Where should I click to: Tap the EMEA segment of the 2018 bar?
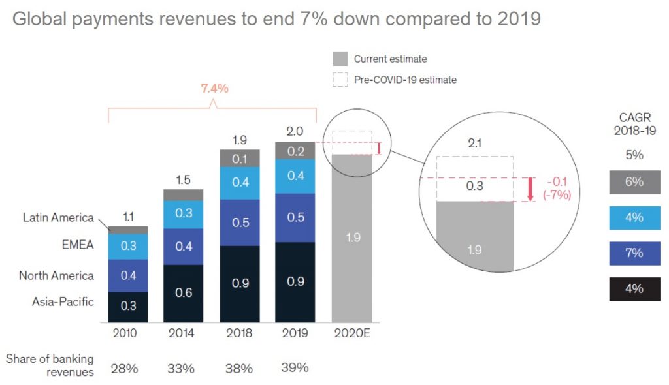[x=240, y=182]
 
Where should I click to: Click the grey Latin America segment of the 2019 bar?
[x=295, y=151]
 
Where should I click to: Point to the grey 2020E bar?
[x=353, y=238]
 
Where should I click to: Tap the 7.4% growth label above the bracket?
[x=213, y=89]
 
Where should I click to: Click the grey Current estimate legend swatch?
[x=340, y=59]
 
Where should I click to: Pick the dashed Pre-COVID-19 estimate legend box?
[x=340, y=80]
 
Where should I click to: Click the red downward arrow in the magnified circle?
[x=530, y=189]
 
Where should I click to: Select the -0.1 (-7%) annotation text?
[x=557, y=189]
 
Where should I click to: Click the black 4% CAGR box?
[x=634, y=288]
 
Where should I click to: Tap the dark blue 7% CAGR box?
[x=634, y=253]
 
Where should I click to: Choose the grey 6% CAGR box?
[x=634, y=182]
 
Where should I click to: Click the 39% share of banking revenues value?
[x=295, y=368]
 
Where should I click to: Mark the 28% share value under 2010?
[x=124, y=369]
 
